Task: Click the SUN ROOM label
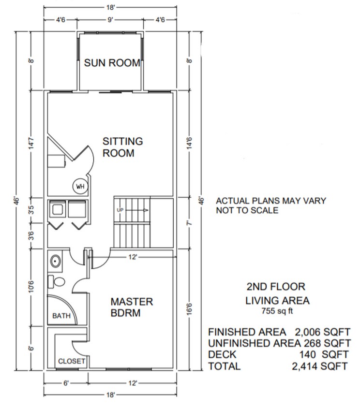coord(112,63)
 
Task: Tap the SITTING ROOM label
coord(122,147)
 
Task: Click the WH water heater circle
coord(79,186)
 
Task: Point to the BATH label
coord(61,316)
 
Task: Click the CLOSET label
coord(72,361)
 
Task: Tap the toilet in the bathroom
coord(58,281)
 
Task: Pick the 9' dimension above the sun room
coord(111,20)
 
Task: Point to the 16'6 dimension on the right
coord(190,308)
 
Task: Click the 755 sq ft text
coord(278,312)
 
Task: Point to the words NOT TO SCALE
coord(247,210)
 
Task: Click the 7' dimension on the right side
coord(190,224)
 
